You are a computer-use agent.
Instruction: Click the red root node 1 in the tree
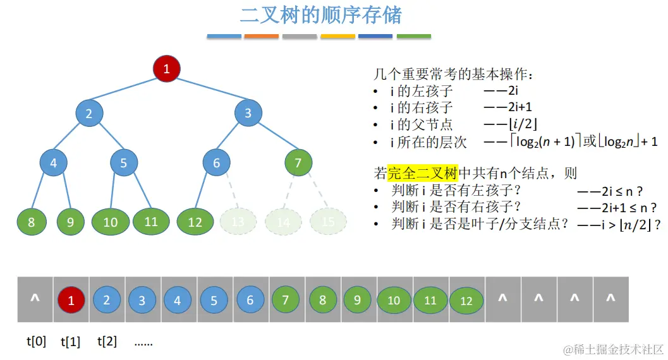click(167, 69)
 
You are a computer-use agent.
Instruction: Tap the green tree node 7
click(298, 163)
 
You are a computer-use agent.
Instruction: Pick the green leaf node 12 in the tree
click(195, 222)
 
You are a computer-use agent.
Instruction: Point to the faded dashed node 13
click(238, 222)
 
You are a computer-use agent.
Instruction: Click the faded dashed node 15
click(328, 222)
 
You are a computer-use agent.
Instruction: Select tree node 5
click(123, 163)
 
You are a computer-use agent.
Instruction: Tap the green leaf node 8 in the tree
click(32, 222)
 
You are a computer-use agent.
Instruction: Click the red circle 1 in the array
click(71, 301)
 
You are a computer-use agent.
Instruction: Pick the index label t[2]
click(107, 342)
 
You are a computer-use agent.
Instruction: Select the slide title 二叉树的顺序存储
click(320, 15)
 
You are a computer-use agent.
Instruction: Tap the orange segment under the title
click(261, 37)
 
